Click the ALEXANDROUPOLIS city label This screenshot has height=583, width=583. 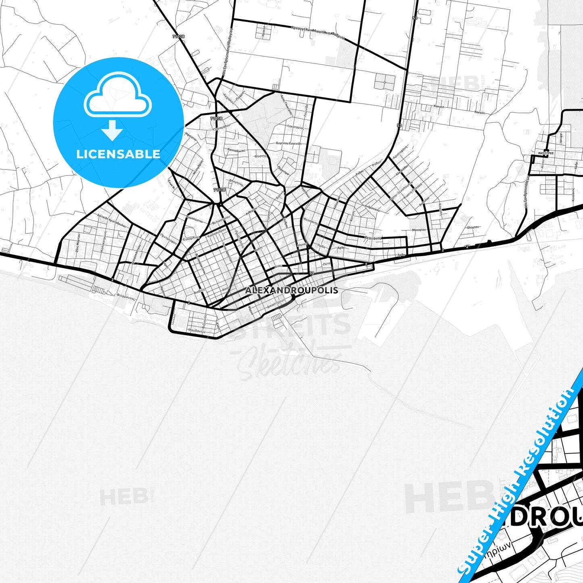point(291,290)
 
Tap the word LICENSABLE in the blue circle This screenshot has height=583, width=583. point(118,154)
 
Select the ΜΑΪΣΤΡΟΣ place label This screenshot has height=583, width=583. point(545,153)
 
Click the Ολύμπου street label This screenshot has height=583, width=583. point(475,227)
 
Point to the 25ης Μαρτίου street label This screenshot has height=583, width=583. point(77,242)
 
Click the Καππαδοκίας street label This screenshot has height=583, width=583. point(236,150)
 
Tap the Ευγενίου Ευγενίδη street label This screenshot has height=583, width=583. point(288,143)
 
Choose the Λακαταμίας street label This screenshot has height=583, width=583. point(295,127)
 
